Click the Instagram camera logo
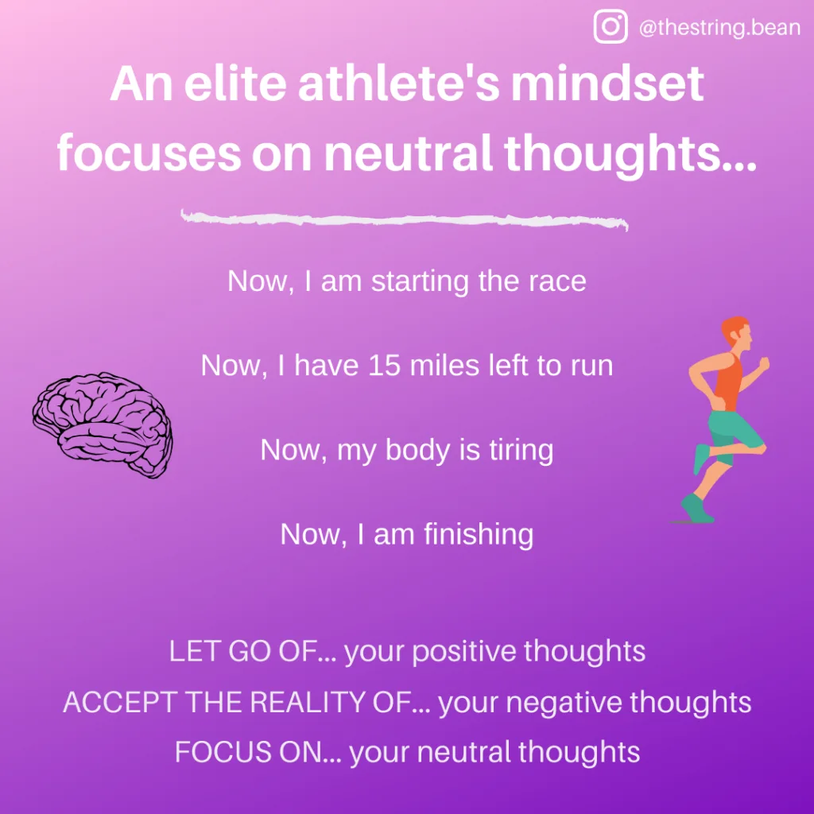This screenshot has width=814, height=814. tap(610, 26)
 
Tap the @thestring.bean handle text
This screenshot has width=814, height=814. tap(719, 28)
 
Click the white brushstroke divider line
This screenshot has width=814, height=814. tap(405, 219)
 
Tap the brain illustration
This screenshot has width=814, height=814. tap(103, 424)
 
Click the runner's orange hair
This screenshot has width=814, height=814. tap(733, 328)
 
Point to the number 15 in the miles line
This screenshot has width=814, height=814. tap(384, 366)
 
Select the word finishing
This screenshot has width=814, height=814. tap(479, 535)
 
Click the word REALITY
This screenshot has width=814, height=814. tap(308, 702)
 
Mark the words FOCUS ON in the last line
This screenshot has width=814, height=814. tap(249, 752)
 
